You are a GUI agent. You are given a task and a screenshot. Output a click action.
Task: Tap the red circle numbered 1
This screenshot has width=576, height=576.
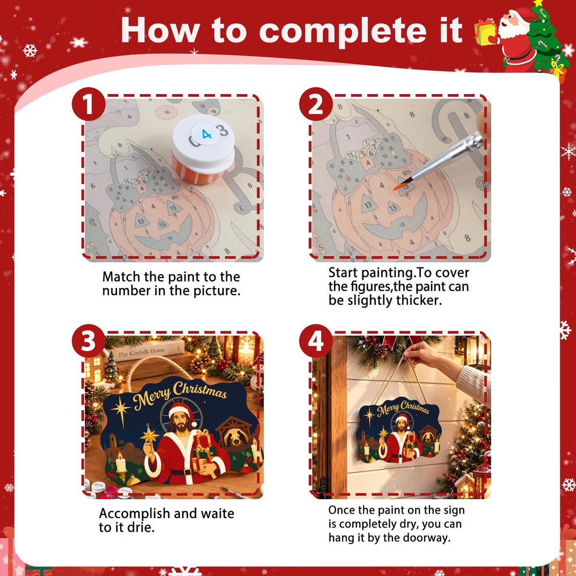[x=88, y=104]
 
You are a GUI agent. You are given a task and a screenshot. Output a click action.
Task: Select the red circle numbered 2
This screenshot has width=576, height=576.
[x=316, y=104]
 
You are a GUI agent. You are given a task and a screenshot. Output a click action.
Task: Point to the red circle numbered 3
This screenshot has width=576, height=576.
[x=88, y=341]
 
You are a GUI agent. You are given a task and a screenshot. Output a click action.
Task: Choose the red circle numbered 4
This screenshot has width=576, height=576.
[x=316, y=341]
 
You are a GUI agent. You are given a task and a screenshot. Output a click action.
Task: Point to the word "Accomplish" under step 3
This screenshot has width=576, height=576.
[x=134, y=514]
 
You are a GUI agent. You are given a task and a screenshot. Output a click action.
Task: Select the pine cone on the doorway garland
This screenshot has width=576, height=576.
[x=380, y=350]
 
